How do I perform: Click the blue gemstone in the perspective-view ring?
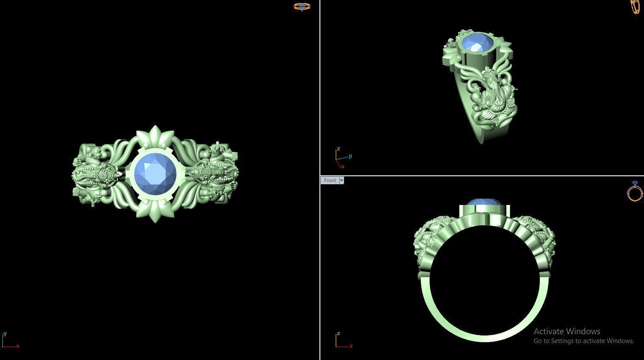click(x=477, y=44)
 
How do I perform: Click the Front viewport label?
click(x=330, y=180)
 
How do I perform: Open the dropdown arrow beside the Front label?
click(x=341, y=180)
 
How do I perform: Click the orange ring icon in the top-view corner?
click(x=302, y=6)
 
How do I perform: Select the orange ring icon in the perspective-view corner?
click(x=636, y=6)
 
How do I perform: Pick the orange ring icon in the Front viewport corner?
click(x=635, y=191)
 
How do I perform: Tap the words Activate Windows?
click(x=567, y=331)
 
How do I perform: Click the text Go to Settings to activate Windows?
click(x=583, y=341)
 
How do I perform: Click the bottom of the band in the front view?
click(x=485, y=336)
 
